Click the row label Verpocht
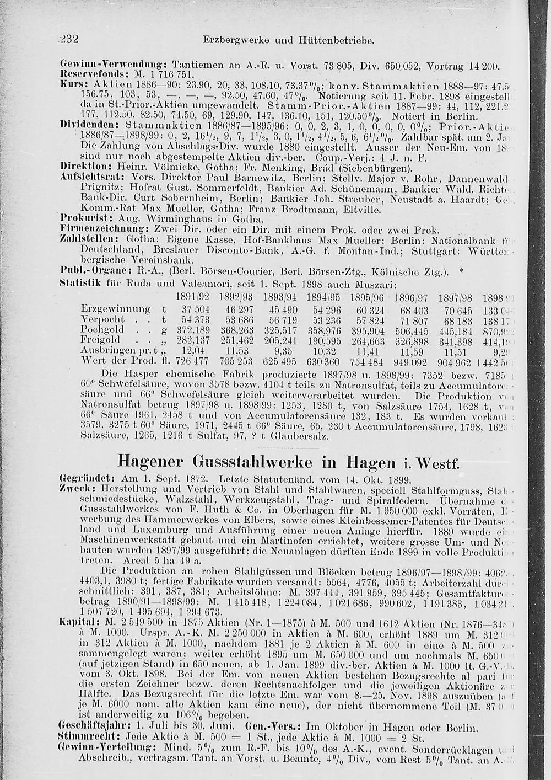pyautogui.click(x=103, y=319)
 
